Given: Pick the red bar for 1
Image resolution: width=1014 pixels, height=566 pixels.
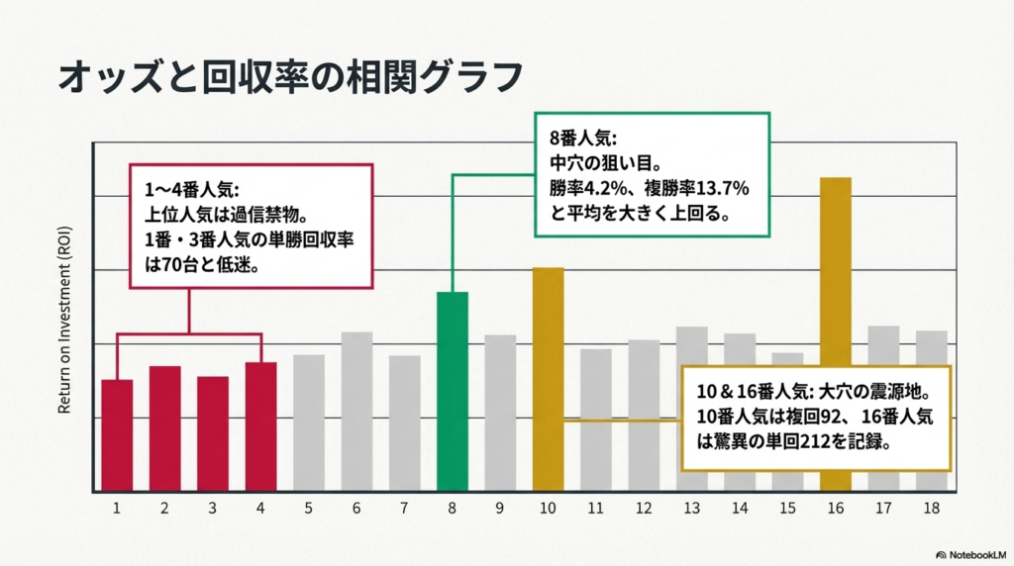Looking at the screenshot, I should click(117, 435).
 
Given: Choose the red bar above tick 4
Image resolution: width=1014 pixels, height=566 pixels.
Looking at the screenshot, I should click(260, 426).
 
